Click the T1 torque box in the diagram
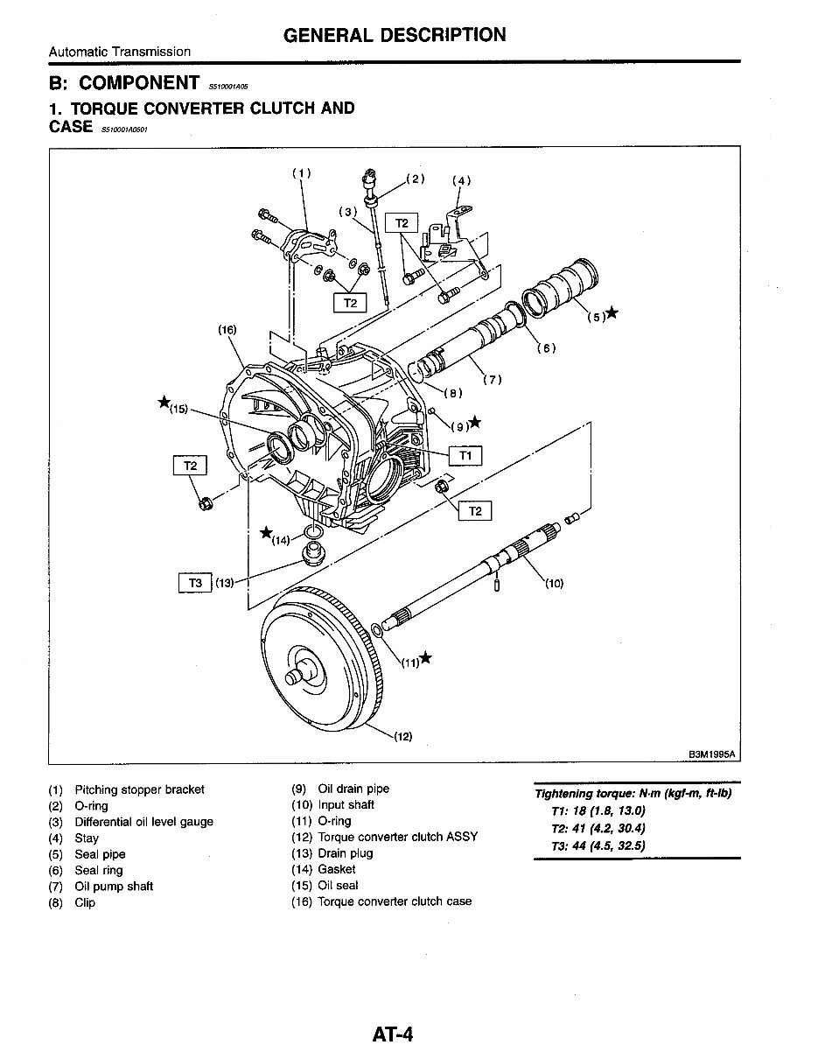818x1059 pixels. coord(465,456)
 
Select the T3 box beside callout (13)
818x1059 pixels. coord(195,583)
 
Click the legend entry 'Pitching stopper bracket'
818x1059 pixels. coord(139,789)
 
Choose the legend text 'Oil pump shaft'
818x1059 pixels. coord(114,887)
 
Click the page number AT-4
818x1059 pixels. coord(392,1034)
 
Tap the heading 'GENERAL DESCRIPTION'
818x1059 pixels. coord(394,35)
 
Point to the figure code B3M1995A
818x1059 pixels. coord(712,753)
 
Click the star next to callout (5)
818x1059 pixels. coord(612,313)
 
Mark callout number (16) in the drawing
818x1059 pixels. coord(227,330)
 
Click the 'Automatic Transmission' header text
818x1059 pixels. coord(120,52)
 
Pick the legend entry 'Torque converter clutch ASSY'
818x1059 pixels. coord(397,837)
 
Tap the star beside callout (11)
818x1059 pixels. coord(425,658)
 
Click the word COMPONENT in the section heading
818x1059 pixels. coord(139,83)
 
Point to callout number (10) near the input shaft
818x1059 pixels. coord(554,584)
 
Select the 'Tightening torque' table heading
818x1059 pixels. coord(633,794)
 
